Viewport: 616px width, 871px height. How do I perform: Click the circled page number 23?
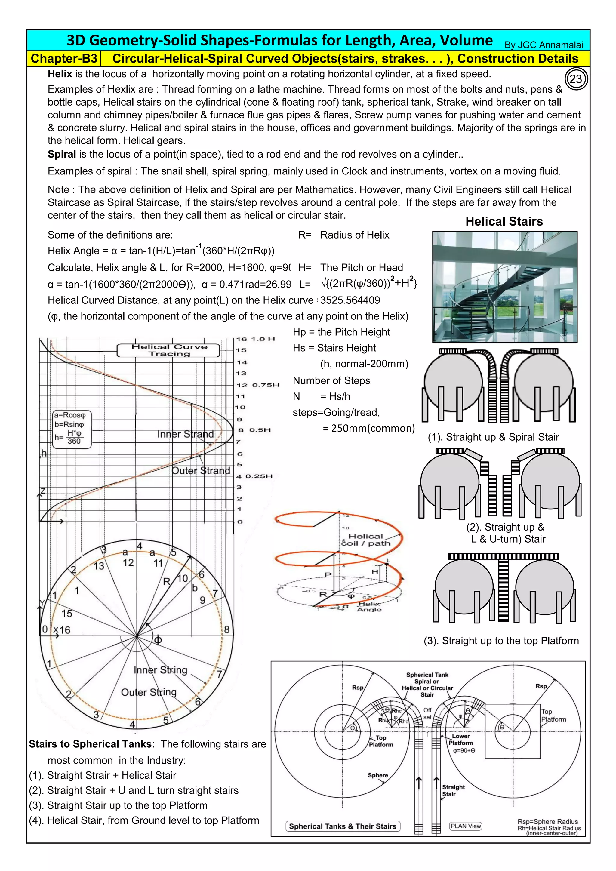click(x=576, y=79)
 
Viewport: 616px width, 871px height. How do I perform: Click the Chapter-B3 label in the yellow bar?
click(x=64, y=59)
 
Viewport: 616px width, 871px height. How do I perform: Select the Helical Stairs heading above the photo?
click(x=504, y=222)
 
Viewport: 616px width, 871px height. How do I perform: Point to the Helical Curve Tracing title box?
click(x=169, y=350)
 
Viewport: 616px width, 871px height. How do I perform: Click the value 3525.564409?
click(x=350, y=300)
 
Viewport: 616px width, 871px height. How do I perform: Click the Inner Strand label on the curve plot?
click(x=186, y=434)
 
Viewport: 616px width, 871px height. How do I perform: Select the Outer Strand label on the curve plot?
click(x=201, y=470)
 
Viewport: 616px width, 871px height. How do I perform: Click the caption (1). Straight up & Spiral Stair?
click(x=493, y=437)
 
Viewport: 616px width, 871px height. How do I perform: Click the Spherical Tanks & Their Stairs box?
click(x=343, y=826)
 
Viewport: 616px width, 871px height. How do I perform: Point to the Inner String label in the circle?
click(x=160, y=670)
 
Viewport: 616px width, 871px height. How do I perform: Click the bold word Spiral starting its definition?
click(x=62, y=154)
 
